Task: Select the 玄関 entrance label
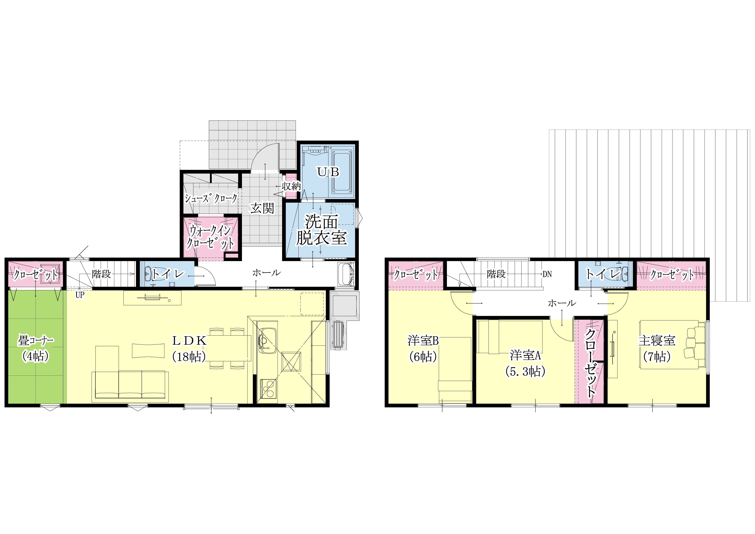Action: click(x=262, y=208)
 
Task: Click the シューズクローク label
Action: click(x=211, y=198)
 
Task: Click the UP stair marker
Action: click(x=80, y=295)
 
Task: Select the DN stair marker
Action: click(x=547, y=274)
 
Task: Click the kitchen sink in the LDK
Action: click(x=267, y=341)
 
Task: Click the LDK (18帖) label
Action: click(x=189, y=349)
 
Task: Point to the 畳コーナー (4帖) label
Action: click(x=35, y=348)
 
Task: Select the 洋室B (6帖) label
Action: click(x=423, y=348)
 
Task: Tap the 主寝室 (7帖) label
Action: click(x=657, y=348)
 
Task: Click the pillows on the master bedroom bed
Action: click(x=695, y=342)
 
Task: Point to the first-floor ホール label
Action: click(x=266, y=272)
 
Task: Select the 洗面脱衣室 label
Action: click(x=322, y=230)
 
